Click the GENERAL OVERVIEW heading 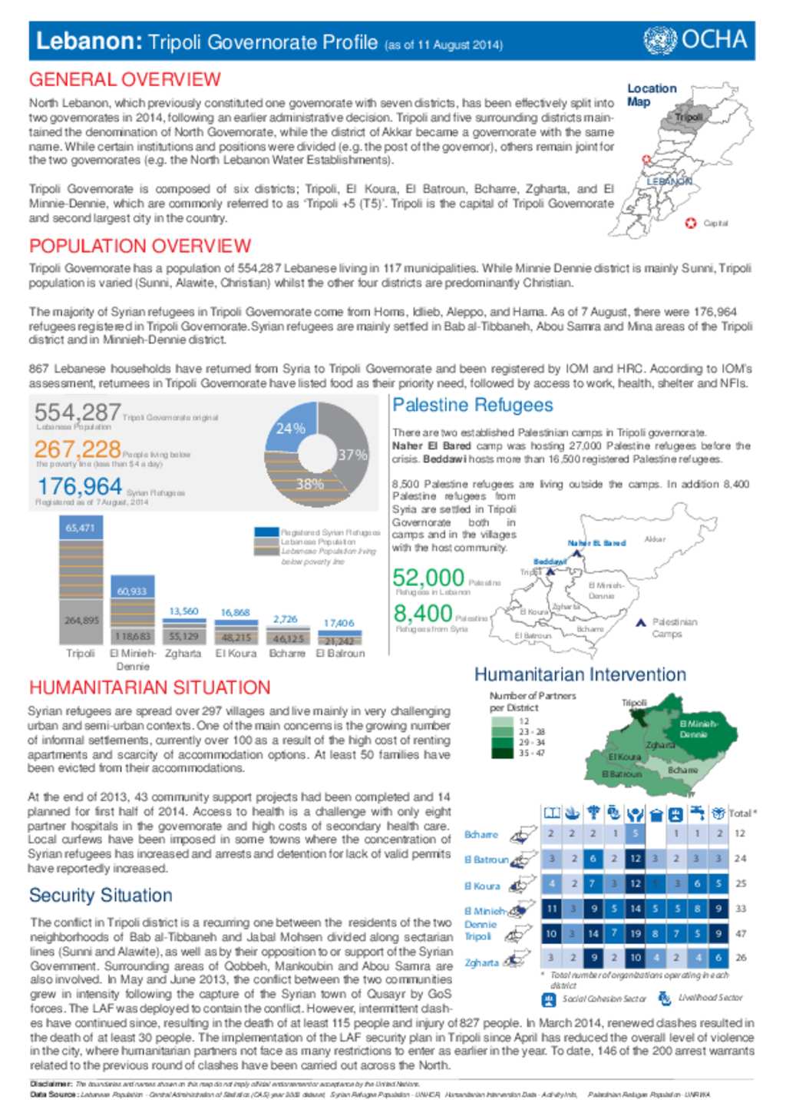[x=124, y=80]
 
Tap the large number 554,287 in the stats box [x=77, y=412]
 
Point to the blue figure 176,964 [x=79, y=486]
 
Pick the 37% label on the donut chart [x=352, y=455]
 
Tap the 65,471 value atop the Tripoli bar [x=80, y=528]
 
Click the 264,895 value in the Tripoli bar [x=81, y=620]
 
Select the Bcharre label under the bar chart [x=286, y=654]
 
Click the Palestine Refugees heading [x=472, y=406]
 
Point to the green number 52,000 [x=428, y=577]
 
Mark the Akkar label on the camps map [x=655, y=539]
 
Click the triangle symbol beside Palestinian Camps [x=640, y=623]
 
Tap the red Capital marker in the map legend [x=690, y=223]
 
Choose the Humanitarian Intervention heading [x=580, y=674]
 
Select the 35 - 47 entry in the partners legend [x=531, y=753]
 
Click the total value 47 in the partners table [x=741, y=934]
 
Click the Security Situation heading [x=101, y=896]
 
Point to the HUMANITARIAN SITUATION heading [x=150, y=687]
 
